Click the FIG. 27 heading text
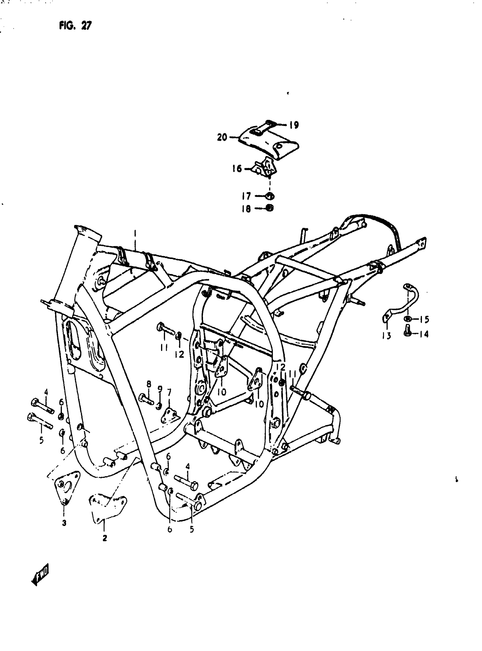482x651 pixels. (x=75, y=26)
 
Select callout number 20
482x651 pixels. (x=222, y=137)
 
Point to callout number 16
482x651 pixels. (x=237, y=169)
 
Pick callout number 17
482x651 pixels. (x=246, y=196)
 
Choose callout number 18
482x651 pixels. (x=246, y=209)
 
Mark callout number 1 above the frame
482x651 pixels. (x=135, y=233)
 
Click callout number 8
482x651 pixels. (x=149, y=384)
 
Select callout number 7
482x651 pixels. (x=169, y=393)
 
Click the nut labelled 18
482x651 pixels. (x=270, y=208)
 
